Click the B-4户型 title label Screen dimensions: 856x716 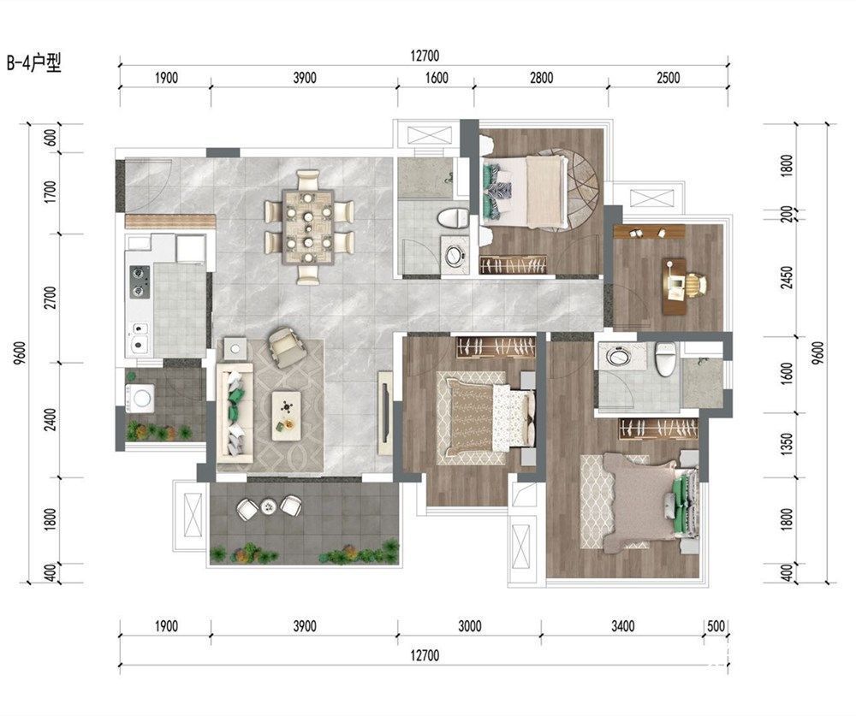(34, 63)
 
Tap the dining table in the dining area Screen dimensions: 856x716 (308, 227)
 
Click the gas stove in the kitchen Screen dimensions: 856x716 (140, 281)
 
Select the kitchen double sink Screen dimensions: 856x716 (140, 337)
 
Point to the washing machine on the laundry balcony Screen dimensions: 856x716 (140, 397)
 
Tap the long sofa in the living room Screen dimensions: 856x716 (235, 413)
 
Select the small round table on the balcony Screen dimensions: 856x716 (269, 507)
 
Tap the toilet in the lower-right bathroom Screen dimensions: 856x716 (665, 359)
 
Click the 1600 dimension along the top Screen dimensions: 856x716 (437, 78)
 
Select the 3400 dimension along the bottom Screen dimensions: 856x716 (623, 625)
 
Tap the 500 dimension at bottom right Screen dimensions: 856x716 (716, 625)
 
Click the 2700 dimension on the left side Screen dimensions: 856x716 (51, 298)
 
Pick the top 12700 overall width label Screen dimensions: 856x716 (425, 56)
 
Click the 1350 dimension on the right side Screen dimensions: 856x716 (787, 445)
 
